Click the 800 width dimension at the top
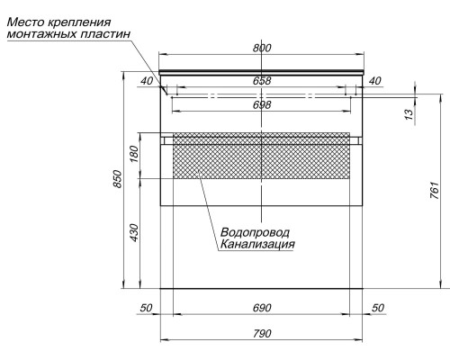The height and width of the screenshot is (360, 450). (262, 48)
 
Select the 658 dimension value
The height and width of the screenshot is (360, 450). (262, 81)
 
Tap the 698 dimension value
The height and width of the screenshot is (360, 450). (262, 104)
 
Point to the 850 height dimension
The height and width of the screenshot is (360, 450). (118, 179)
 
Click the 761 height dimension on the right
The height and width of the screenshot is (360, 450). (435, 190)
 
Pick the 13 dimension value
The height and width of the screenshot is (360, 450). (409, 114)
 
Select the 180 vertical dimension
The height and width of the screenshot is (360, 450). (134, 154)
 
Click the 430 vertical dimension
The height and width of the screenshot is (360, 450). (134, 233)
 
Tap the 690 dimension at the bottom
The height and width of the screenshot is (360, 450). (262, 308)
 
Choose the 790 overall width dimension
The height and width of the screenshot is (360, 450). (262, 333)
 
